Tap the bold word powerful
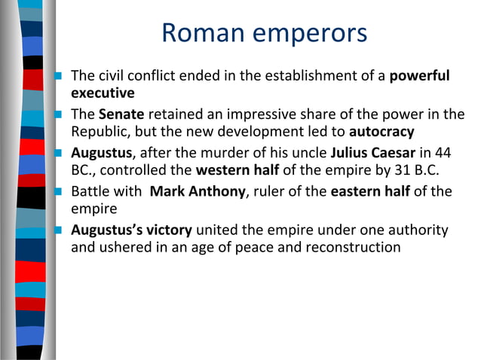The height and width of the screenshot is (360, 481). point(419,77)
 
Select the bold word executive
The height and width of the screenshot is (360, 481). point(103,94)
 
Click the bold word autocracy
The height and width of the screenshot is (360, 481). point(382,133)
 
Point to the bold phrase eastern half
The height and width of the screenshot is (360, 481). point(370,191)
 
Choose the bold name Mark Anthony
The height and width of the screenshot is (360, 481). point(198,191)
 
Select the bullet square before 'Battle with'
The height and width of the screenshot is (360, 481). point(58,192)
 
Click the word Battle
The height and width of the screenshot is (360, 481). point(89,191)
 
